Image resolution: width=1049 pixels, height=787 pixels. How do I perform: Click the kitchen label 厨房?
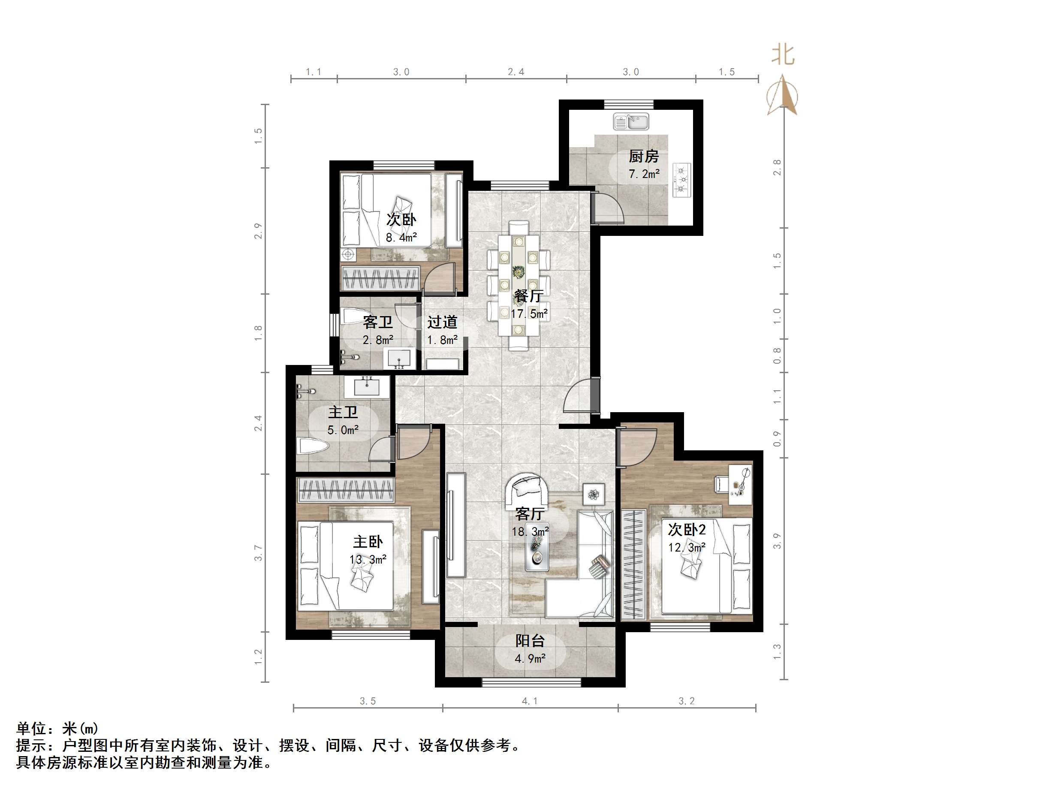click(644, 156)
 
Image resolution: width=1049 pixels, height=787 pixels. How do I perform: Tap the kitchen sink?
click(631, 121)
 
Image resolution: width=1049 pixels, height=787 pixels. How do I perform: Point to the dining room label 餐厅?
click(529, 296)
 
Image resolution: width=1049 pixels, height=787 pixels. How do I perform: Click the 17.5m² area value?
click(529, 314)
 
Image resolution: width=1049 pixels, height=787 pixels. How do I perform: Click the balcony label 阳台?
click(530, 641)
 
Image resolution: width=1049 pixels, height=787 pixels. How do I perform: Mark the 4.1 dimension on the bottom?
click(530, 701)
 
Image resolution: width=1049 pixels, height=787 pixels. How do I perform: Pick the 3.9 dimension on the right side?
click(777, 541)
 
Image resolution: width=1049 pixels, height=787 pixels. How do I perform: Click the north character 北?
click(783, 54)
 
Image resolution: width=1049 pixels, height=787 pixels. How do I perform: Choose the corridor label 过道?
click(442, 323)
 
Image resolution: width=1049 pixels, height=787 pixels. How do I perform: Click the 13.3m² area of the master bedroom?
click(368, 560)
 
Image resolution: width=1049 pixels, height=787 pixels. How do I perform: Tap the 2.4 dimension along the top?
click(516, 72)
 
